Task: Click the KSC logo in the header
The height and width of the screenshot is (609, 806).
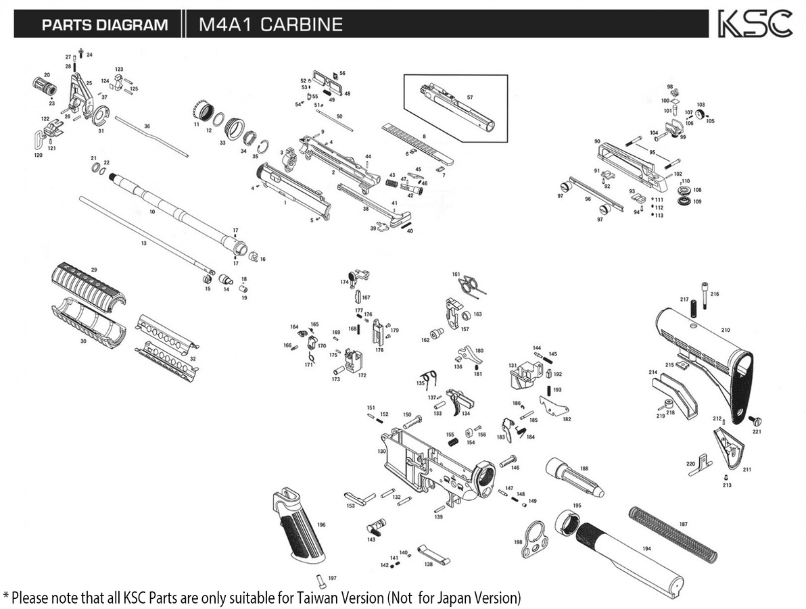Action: tap(754, 24)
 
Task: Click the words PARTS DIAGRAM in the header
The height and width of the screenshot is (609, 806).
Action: tap(105, 25)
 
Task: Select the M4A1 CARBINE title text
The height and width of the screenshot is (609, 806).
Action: tap(270, 25)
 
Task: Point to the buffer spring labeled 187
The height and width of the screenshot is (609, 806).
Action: tap(673, 533)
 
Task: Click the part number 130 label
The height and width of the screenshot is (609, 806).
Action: tap(381, 451)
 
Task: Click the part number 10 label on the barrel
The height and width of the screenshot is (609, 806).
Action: tap(152, 212)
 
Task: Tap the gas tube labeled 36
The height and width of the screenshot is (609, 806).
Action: tap(152, 137)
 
